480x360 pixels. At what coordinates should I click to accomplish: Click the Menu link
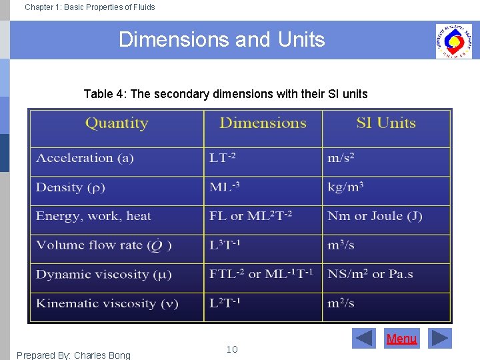coord(401,339)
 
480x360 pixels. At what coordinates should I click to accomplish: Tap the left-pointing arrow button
coord(364,339)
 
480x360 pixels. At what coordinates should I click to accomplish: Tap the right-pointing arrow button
coord(439,339)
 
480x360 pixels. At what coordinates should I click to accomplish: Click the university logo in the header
coord(453,41)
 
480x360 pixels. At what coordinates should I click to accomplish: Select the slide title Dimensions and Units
coord(221,40)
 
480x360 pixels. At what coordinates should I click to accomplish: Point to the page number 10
coord(232,349)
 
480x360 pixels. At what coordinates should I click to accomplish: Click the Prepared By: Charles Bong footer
coord(73,355)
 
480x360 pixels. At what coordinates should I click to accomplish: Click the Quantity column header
coord(117,123)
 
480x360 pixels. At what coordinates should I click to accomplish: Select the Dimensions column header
coord(263,123)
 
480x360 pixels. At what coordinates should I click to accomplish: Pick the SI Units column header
coord(386,123)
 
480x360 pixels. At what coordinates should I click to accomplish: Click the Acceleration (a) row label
coord(85,158)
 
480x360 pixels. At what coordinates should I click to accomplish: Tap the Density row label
coord(71,187)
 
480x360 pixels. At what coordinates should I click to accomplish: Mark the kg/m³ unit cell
coord(345,187)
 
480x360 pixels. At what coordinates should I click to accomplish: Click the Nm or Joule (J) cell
coord(375,216)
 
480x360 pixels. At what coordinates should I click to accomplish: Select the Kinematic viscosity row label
coord(107,303)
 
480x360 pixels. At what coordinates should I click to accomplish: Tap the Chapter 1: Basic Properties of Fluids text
coord(89,7)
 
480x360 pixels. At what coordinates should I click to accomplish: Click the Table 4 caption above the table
coord(225,94)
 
